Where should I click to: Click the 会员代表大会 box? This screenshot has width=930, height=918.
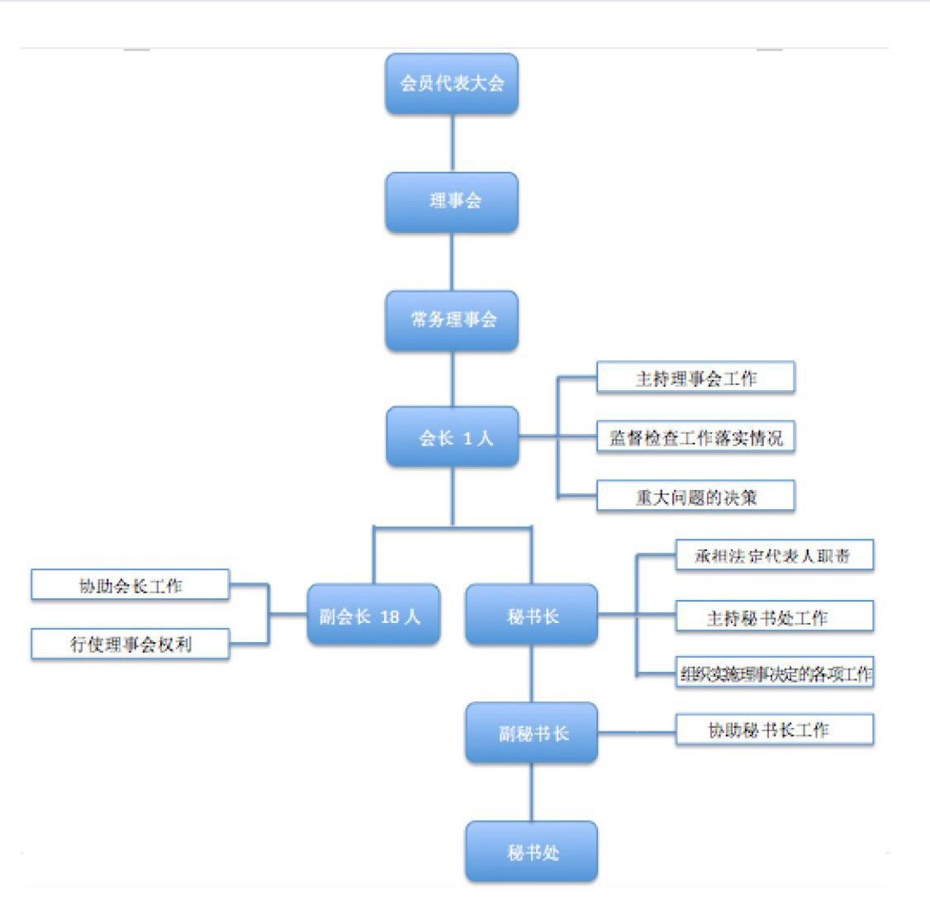pyautogui.click(x=452, y=83)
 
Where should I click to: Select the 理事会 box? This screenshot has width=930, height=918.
pyautogui.click(x=452, y=202)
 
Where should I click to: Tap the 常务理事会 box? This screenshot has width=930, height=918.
pyautogui.click(x=452, y=320)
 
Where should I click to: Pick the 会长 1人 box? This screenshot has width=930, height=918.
pyautogui.click(x=452, y=437)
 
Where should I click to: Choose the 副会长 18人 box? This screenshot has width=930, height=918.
pyautogui.click(x=372, y=615)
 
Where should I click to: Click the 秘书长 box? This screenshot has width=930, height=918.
pyautogui.click(x=531, y=615)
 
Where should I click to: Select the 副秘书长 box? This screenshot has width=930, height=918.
pyautogui.click(x=531, y=733)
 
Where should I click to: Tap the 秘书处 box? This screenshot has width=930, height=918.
pyautogui.click(x=531, y=851)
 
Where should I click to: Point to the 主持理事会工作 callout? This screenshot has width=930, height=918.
pyautogui.click(x=695, y=378)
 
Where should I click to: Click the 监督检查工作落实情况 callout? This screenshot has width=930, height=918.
pyautogui.click(x=695, y=437)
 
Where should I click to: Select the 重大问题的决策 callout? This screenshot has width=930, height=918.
pyautogui.click(x=695, y=497)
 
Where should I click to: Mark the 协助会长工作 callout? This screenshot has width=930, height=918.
pyautogui.click(x=130, y=585)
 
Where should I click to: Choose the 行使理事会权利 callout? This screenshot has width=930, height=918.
pyautogui.click(x=130, y=644)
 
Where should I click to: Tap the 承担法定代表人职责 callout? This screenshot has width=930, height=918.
pyautogui.click(x=774, y=555)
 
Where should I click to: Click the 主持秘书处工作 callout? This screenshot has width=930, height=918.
pyautogui.click(x=774, y=616)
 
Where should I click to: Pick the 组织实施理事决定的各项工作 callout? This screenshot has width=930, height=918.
pyautogui.click(x=774, y=673)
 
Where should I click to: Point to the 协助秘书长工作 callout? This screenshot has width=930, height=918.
pyautogui.click(x=774, y=730)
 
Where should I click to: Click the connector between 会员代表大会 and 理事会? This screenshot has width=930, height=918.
pyautogui.click(x=452, y=143)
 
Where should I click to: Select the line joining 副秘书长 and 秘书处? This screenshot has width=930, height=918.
pyautogui.click(x=531, y=792)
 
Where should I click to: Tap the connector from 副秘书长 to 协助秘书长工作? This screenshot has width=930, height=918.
pyautogui.click(x=636, y=732)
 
